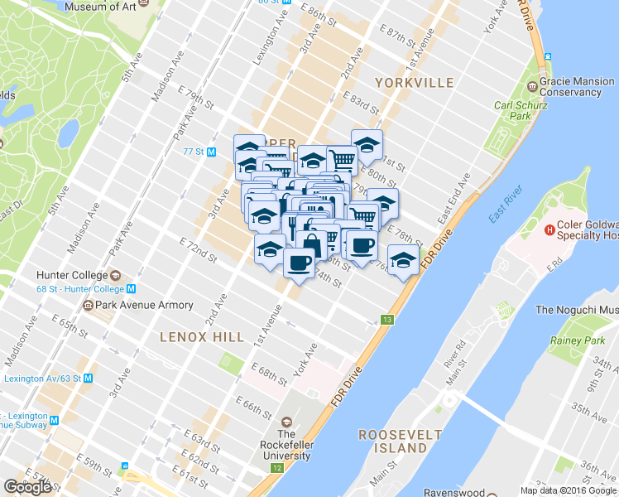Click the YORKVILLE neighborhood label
pyautogui.click(x=414, y=83)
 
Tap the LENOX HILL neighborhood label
pyautogui.click(x=202, y=337)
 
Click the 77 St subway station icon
pyautogui.click(x=211, y=152)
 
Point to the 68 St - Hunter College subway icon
pyautogui.click(x=131, y=288)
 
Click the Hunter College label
pyautogui.click(x=72, y=275)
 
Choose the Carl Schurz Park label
pyautogui.click(x=511, y=111)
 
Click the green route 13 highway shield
pyautogui.click(x=386, y=320)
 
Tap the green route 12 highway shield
pyautogui.click(x=276, y=468)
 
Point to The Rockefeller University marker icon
pyautogui.click(x=286, y=420)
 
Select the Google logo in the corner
pyautogui.click(x=28, y=486)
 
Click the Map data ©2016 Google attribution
pyautogui.click(x=569, y=490)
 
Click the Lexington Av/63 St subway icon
pyautogui.click(x=89, y=378)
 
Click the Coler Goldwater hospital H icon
pyautogui.click(x=548, y=229)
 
